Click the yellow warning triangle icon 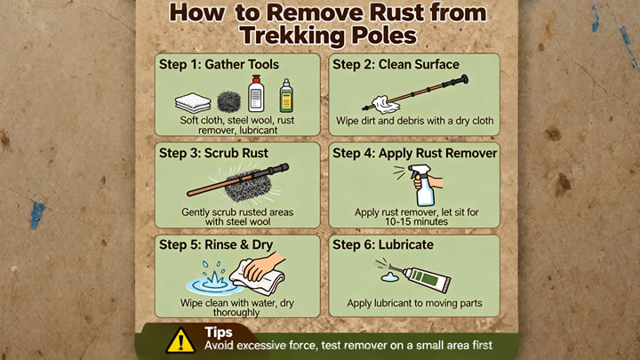click(x=180, y=341)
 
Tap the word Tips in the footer click(x=219, y=332)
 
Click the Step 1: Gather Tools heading click(x=219, y=65)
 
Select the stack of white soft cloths click(x=193, y=102)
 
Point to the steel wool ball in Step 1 click(x=229, y=101)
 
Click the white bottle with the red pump click(x=256, y=94)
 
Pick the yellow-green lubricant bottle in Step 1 click(x=286, y=96)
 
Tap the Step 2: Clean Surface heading click(x=396, y=65)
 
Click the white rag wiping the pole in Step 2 click(x=385, y=105)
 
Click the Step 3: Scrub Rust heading click(x=213, y=153)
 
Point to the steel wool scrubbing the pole click(x=248, y=187)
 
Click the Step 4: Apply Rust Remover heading click(x=415, y=153)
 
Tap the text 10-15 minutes click(x=416, y=221)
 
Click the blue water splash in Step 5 click(x=213, y=280)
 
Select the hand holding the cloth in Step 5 click(x=264, y=267)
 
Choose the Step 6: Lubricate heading click(x=383, y=244)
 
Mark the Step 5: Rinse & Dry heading click(x=216, y=244)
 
